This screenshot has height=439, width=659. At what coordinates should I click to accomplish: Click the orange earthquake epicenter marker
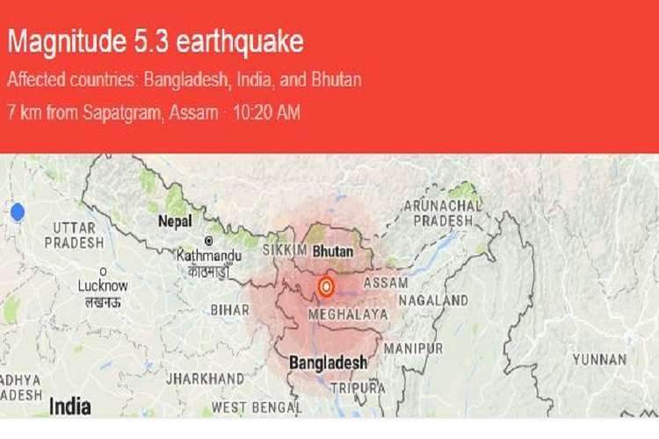(x=326, y=285)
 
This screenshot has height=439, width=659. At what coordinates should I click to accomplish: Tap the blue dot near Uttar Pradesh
(x=17, y=212)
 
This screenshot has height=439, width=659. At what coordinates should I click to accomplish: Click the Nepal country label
(x=174, y=222)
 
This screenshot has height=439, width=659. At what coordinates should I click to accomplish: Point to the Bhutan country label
(x=332, y=251)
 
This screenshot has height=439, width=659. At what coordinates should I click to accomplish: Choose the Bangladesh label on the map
(x=329, y=362)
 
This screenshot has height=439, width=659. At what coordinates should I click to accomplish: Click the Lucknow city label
(x=103, y=285)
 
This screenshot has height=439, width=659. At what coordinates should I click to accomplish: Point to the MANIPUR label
(x=414, y=349)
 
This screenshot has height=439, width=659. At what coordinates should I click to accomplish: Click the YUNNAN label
(x=599, y=359)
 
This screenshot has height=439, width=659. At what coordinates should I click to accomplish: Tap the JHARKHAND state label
(x=211, y=378)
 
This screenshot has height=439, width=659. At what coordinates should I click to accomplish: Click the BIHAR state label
(x=230, y=310)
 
